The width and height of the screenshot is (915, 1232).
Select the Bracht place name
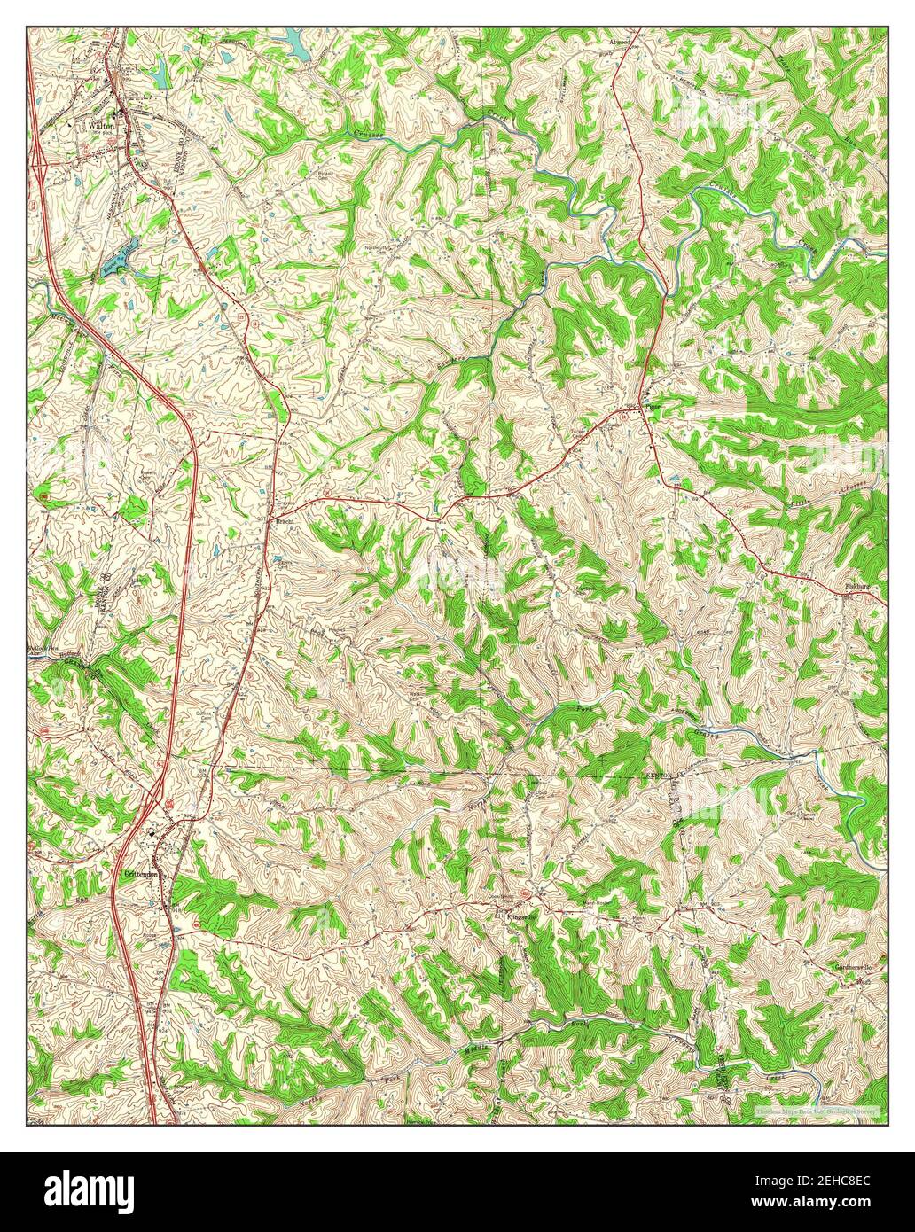285,523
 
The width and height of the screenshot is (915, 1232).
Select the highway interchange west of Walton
40,160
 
